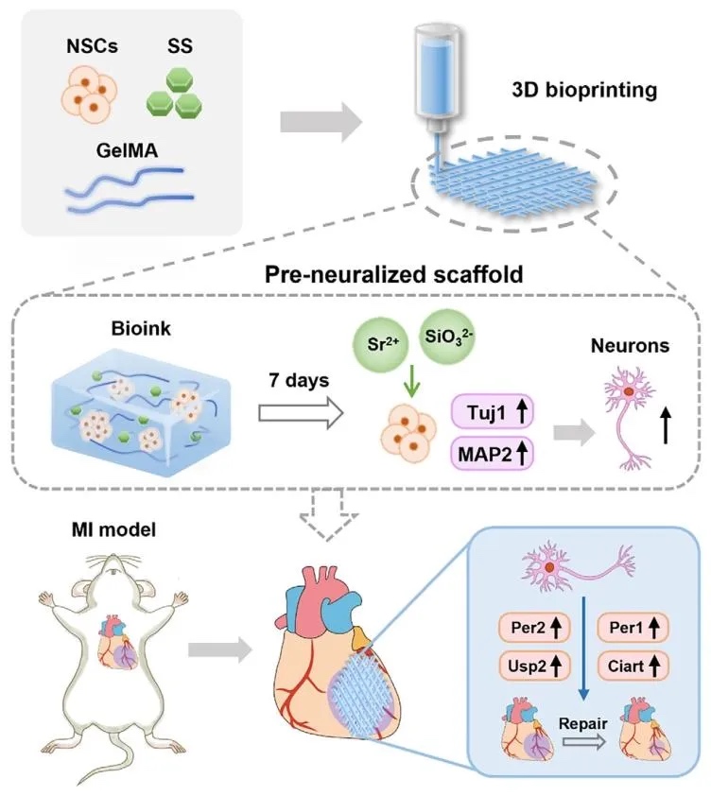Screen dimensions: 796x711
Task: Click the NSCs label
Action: point(91,45)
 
